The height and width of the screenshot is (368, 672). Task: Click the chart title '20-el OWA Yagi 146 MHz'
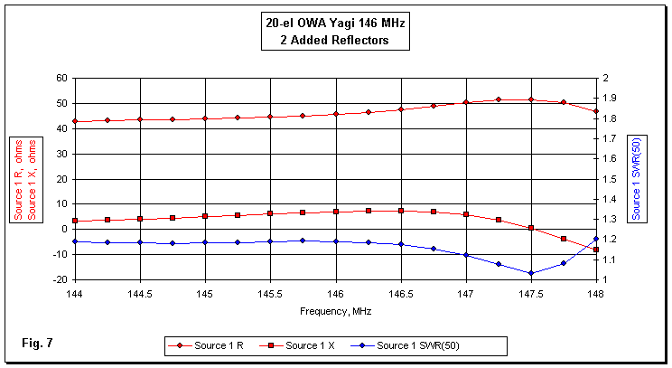(x=335, y=25)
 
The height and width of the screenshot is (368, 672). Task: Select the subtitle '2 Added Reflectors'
(x=335, y=42)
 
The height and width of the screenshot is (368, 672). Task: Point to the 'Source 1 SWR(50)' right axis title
(x=638, y=177)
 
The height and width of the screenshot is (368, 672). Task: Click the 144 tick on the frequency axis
(x=75, y=294)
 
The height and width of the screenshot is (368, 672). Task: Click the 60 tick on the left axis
(x=62, y=78)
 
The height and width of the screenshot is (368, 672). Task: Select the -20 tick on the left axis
(x=60, y=279)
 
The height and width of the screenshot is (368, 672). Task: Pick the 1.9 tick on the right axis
(x=611, y=98)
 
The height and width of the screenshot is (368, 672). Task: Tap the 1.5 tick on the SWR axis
(x=611, y=179)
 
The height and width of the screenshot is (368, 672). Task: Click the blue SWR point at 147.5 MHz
(x=531, y=273)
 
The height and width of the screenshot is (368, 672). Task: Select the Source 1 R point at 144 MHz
(x=75, y=121)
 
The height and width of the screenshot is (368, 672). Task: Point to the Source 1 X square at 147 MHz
(x=466, y=214)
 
